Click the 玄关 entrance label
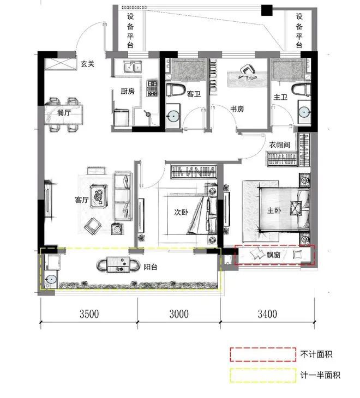88,64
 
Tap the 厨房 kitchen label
128,92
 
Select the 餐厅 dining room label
64,113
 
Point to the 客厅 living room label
82,200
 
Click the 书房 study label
237,109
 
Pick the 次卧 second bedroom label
182,212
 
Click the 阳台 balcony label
151,267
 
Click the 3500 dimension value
89,314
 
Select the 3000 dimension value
179,314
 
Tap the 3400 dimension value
268,314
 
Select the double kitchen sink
131,68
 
